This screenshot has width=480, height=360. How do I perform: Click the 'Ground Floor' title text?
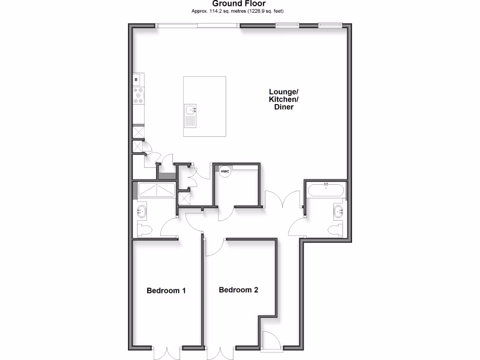click(240, 4)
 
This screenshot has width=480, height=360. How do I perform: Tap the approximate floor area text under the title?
click(240, 11)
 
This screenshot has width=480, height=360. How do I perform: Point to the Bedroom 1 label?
click(166, 291)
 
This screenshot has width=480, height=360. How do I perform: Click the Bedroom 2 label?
click(239, 290)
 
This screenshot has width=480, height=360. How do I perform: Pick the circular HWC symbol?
click(225, 172)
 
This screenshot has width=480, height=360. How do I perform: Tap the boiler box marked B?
click(137, 80)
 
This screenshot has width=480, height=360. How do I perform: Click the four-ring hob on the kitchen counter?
click(139, 97)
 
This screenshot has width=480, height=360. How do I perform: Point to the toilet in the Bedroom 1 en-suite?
click(143, 230)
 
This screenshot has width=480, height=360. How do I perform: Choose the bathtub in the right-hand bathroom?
click(326, 191)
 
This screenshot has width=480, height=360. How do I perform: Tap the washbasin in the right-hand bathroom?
click(339, 211)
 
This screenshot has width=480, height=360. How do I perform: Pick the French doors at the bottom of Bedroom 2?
click(220, 352)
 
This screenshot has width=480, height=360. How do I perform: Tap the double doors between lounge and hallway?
click(282, 199)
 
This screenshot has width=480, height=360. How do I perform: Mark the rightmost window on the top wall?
click(330, 25)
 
